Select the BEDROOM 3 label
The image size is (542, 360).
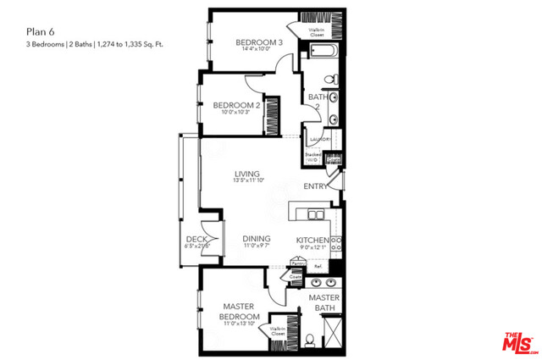pos(259,42)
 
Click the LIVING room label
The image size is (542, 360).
pos(247,175)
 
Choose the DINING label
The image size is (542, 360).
pos(257,240)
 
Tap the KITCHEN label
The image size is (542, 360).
pos(312,241)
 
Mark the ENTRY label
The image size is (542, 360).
pos(317,187)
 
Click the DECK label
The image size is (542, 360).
pos(197,240)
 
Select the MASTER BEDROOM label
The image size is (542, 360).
pos(239,311)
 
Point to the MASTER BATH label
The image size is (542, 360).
pos(324,303)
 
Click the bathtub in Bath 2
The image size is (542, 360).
pos(322,54)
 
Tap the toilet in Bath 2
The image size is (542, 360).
pos(334,80)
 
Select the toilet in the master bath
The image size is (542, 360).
pos(310,341)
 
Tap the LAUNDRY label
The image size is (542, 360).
pos(320,139)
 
